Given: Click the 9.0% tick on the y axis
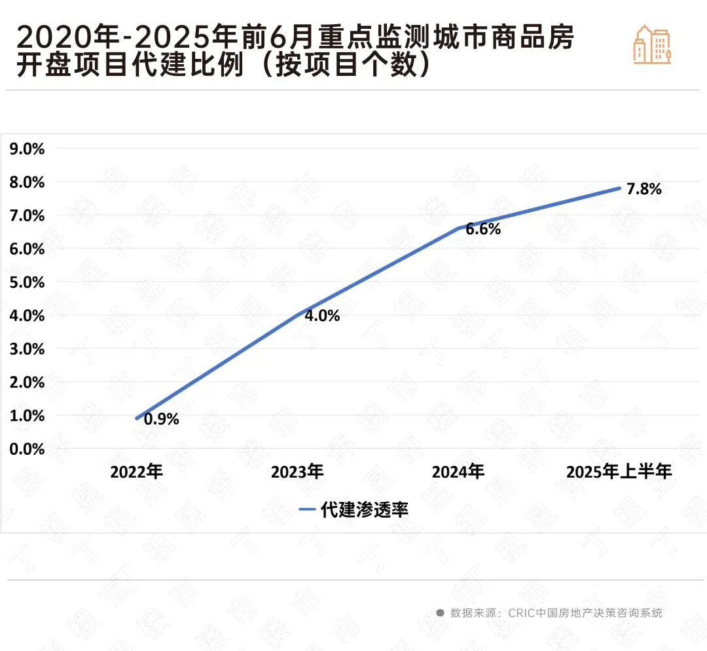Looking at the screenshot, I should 27,149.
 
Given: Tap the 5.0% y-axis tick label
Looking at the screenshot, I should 27,282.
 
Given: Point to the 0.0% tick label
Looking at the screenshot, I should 27,449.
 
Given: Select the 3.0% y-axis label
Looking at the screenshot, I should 27,349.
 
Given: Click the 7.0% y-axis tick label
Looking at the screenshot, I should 27,215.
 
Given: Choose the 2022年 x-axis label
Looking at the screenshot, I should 136,472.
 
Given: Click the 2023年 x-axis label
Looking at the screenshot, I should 297,472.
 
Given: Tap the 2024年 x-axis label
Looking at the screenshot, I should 458,472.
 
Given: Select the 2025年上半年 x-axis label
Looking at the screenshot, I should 619,472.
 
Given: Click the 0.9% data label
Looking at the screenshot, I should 161,419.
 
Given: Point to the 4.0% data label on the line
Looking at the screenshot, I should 322,316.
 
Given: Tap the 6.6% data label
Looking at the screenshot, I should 483,230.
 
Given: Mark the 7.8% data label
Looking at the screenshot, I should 644,190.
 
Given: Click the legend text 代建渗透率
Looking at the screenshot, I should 365,510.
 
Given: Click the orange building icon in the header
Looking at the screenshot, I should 652,44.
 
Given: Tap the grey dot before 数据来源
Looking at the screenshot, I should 440,613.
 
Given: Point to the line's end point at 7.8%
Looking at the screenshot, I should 619,188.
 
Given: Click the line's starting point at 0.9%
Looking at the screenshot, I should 137,418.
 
